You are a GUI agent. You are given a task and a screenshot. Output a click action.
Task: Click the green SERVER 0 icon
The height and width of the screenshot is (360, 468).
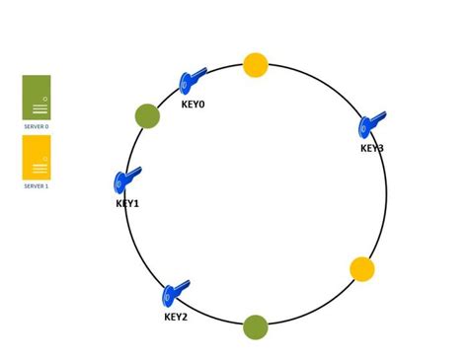coord(37,97)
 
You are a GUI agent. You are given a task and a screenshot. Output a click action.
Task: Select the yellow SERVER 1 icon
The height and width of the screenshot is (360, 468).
coord(37,157)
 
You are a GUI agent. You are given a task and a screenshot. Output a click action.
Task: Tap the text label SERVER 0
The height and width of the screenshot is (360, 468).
coord(37,126)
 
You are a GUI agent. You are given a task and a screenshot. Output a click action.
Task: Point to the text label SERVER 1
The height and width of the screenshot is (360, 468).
coord(37,185)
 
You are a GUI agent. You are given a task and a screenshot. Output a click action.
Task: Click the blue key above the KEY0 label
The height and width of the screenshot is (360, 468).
coord(192,81)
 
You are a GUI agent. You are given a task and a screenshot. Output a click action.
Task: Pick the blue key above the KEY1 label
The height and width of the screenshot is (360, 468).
coord(127,180)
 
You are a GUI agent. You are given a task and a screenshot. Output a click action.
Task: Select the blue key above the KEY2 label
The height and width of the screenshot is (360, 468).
coord(176,293)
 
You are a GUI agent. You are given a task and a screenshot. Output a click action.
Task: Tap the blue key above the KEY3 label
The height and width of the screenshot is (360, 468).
coord(372,124)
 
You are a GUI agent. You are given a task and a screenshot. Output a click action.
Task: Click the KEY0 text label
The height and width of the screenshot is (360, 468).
coord(194,105)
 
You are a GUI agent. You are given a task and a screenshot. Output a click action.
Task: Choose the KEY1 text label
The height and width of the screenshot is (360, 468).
coord(127,204)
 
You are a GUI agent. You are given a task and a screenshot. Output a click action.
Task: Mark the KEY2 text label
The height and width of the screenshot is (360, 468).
coord(176,317)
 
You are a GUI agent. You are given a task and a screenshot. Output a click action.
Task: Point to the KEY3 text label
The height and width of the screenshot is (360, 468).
coord(372,149)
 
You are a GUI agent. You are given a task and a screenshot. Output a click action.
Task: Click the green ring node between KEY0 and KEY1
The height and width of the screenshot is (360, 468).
coord(147,116)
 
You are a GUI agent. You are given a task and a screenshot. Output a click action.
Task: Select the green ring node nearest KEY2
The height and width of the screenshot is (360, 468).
coord(256,327)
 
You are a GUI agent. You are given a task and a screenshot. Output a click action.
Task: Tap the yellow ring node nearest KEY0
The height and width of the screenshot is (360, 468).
coord(256,65)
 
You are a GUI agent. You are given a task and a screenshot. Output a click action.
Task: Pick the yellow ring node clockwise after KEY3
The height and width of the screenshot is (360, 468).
coord(362,269)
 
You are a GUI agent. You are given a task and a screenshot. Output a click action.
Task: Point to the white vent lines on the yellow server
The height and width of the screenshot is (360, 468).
coord(40,169)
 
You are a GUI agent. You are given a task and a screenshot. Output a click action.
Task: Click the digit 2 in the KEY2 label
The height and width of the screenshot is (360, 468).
coord(184,317)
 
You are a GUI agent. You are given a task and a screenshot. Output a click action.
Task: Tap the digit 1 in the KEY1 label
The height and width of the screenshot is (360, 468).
coord(136,204)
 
